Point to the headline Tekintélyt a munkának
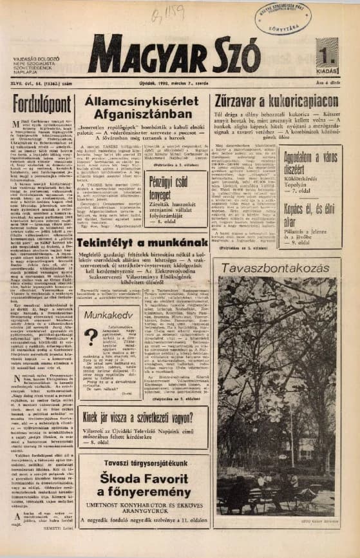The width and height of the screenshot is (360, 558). [x=143, y=243]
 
